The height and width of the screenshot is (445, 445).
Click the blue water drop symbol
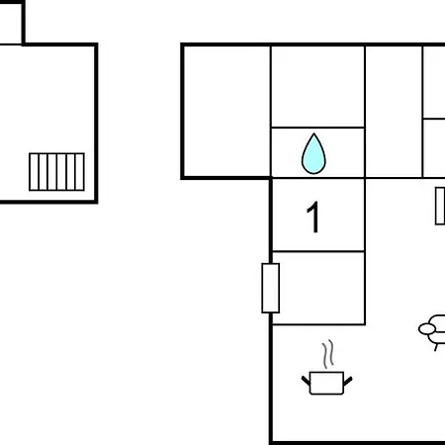pyautogui.click(x=313, y=154)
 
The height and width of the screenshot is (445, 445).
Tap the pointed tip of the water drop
pyautogui.click(x=314, y=133)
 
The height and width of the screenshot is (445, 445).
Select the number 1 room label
pyautogui.click(x=313, y=217)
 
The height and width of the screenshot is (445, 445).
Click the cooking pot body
pyautogui.click(x=326, y=383)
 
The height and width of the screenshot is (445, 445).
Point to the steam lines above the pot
pyautogui.click(x=328, y=354)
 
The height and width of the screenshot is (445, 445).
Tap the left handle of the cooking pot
pyautogui.click(x=306, y=381)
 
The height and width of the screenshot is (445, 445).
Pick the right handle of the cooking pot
pyautogui.click(x=348, y=381)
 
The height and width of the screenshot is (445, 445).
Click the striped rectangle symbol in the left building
pyautogui.click(x=56, y=172)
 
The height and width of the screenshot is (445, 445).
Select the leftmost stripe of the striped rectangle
pyautogui.click(x=35, y=172)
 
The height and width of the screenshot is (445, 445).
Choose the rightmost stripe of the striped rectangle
pyautogui.click(x=80, y=172)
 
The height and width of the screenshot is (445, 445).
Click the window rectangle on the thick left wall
pyautogui.click(x=271, y=288)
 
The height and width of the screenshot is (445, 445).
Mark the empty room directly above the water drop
pyautogui.click(x=317, y=86)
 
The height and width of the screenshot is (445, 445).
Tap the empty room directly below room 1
pyautogui.click(x=318, y=288)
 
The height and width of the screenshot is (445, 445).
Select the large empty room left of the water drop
pyautogui.click(x=227, y=112)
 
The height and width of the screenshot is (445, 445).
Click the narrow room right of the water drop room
pyautogui.click(x=394, y=112)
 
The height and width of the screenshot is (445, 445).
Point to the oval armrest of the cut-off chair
pyautogui.click(x=427, y=328)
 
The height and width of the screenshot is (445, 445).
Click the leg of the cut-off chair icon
pyautogui.click(x=436, y=347)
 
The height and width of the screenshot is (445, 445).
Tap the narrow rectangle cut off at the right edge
pyautogui.click(x=440, y=206)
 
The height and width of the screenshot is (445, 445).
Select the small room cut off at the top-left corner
pyautogui.click(x=11, y=23)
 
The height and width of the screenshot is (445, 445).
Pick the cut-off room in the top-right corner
pyautogui.click(x=434, y=82)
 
